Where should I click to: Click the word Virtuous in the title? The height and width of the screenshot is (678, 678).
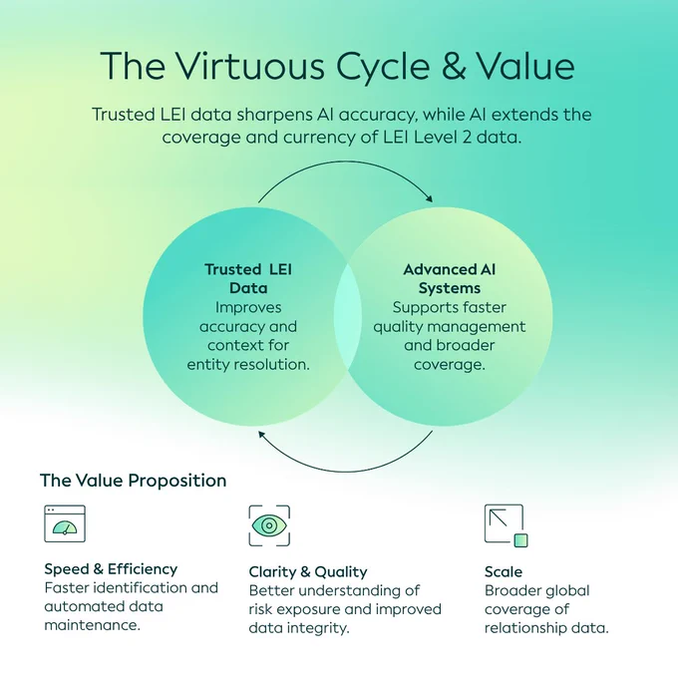tap(250, 66)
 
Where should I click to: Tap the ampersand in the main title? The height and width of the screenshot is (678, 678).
tap(454, 66)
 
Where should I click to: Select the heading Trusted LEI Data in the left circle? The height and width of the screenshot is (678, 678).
tap(248, 278)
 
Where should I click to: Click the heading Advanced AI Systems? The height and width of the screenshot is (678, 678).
tap(450, 278)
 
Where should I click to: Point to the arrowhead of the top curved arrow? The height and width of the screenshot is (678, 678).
tap(429, 198)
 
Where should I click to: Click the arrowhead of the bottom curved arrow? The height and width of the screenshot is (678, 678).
tap(262, 434)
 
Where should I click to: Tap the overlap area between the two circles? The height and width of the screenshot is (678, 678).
tap(348, 317)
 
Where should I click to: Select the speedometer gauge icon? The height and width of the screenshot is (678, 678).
tap(65, 523)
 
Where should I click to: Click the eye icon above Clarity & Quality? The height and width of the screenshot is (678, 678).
tap(269, 525)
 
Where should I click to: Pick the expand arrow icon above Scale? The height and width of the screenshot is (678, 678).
tap(506, 524)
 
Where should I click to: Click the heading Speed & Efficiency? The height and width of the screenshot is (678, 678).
tap(111, 569)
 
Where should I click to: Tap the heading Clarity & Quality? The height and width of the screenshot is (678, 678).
tap(308, 571)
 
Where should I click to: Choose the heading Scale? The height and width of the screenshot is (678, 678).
tap(504, 571)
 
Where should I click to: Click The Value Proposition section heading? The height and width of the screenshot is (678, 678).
tap(134, 481)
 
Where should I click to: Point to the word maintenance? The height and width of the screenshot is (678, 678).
tap(92, 625)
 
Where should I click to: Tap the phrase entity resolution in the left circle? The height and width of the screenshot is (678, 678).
tap(248, 365)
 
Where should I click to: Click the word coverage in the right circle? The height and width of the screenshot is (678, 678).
tap(450, 365)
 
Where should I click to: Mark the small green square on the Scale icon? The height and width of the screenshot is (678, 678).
tap(521, 540)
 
